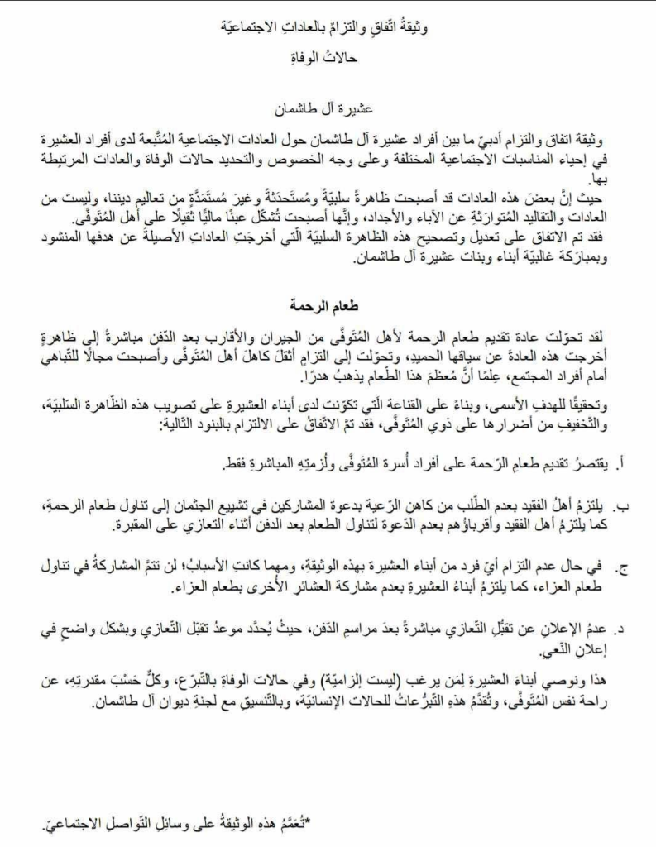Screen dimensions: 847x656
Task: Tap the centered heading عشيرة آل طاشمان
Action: click(328, 108)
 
